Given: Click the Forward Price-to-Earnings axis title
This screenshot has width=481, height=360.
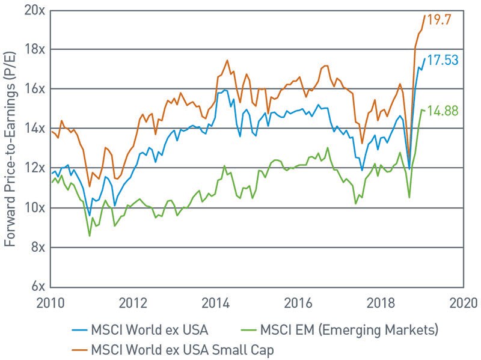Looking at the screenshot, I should (x=10, y=148).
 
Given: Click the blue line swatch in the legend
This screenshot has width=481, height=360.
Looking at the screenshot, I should (x=78, y=330).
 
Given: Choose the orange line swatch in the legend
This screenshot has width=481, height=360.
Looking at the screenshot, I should (x=78, y=348).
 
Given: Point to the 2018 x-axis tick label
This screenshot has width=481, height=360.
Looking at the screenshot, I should (x=381, y=302).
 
